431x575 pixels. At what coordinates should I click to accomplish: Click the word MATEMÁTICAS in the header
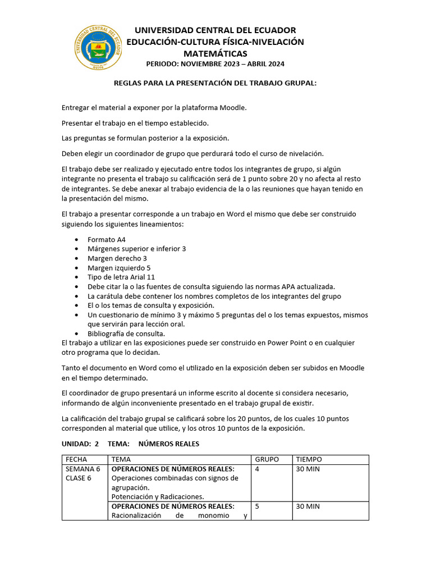pyautogui.click(x=215, y=53)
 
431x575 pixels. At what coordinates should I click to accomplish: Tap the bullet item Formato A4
pyautogui.click(x=106, y=239)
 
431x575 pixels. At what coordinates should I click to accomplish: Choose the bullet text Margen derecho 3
pyautogui.click(x=117, y=258)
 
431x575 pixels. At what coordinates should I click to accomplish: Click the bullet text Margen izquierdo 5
pyautogui.click(x=118, y=268)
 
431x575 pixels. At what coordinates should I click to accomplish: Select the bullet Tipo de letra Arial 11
pyautogui.click(x=121, y=277)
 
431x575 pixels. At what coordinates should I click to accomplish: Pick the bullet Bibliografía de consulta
pyautogui.click(x=126, y=334)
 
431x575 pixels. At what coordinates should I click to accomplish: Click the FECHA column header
pyautogui.click(x=76, y=459)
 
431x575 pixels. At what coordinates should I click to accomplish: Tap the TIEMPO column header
pyautogui.click(x=309, y=459)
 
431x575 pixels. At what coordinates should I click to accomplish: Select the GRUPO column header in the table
pyautogui.click(x=267, y=459)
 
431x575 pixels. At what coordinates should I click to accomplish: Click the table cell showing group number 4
pyautogui.click(x=257, y=469)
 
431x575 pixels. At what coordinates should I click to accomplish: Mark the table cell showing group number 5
pyautogui.click(x=257, y=506)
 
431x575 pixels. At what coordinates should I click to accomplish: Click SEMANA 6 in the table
pyautogui.click(x=83, y=469)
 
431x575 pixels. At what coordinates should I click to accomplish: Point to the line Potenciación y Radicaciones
pyautogui.click(x=158, y=496)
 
